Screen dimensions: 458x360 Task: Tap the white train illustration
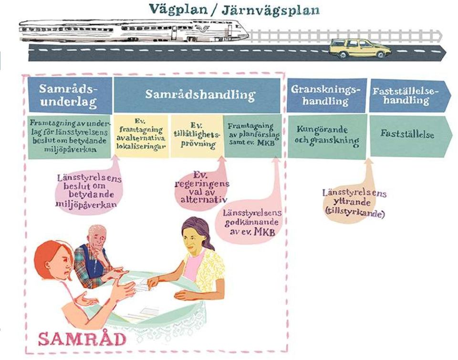135,31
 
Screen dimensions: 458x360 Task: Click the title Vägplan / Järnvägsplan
234,10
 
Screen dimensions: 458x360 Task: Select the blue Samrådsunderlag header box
70,95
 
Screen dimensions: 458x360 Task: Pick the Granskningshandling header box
326,95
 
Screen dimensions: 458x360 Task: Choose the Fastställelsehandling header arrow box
409,95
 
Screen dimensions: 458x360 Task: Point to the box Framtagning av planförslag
253,136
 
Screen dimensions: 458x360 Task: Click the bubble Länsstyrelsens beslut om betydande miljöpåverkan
88,190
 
